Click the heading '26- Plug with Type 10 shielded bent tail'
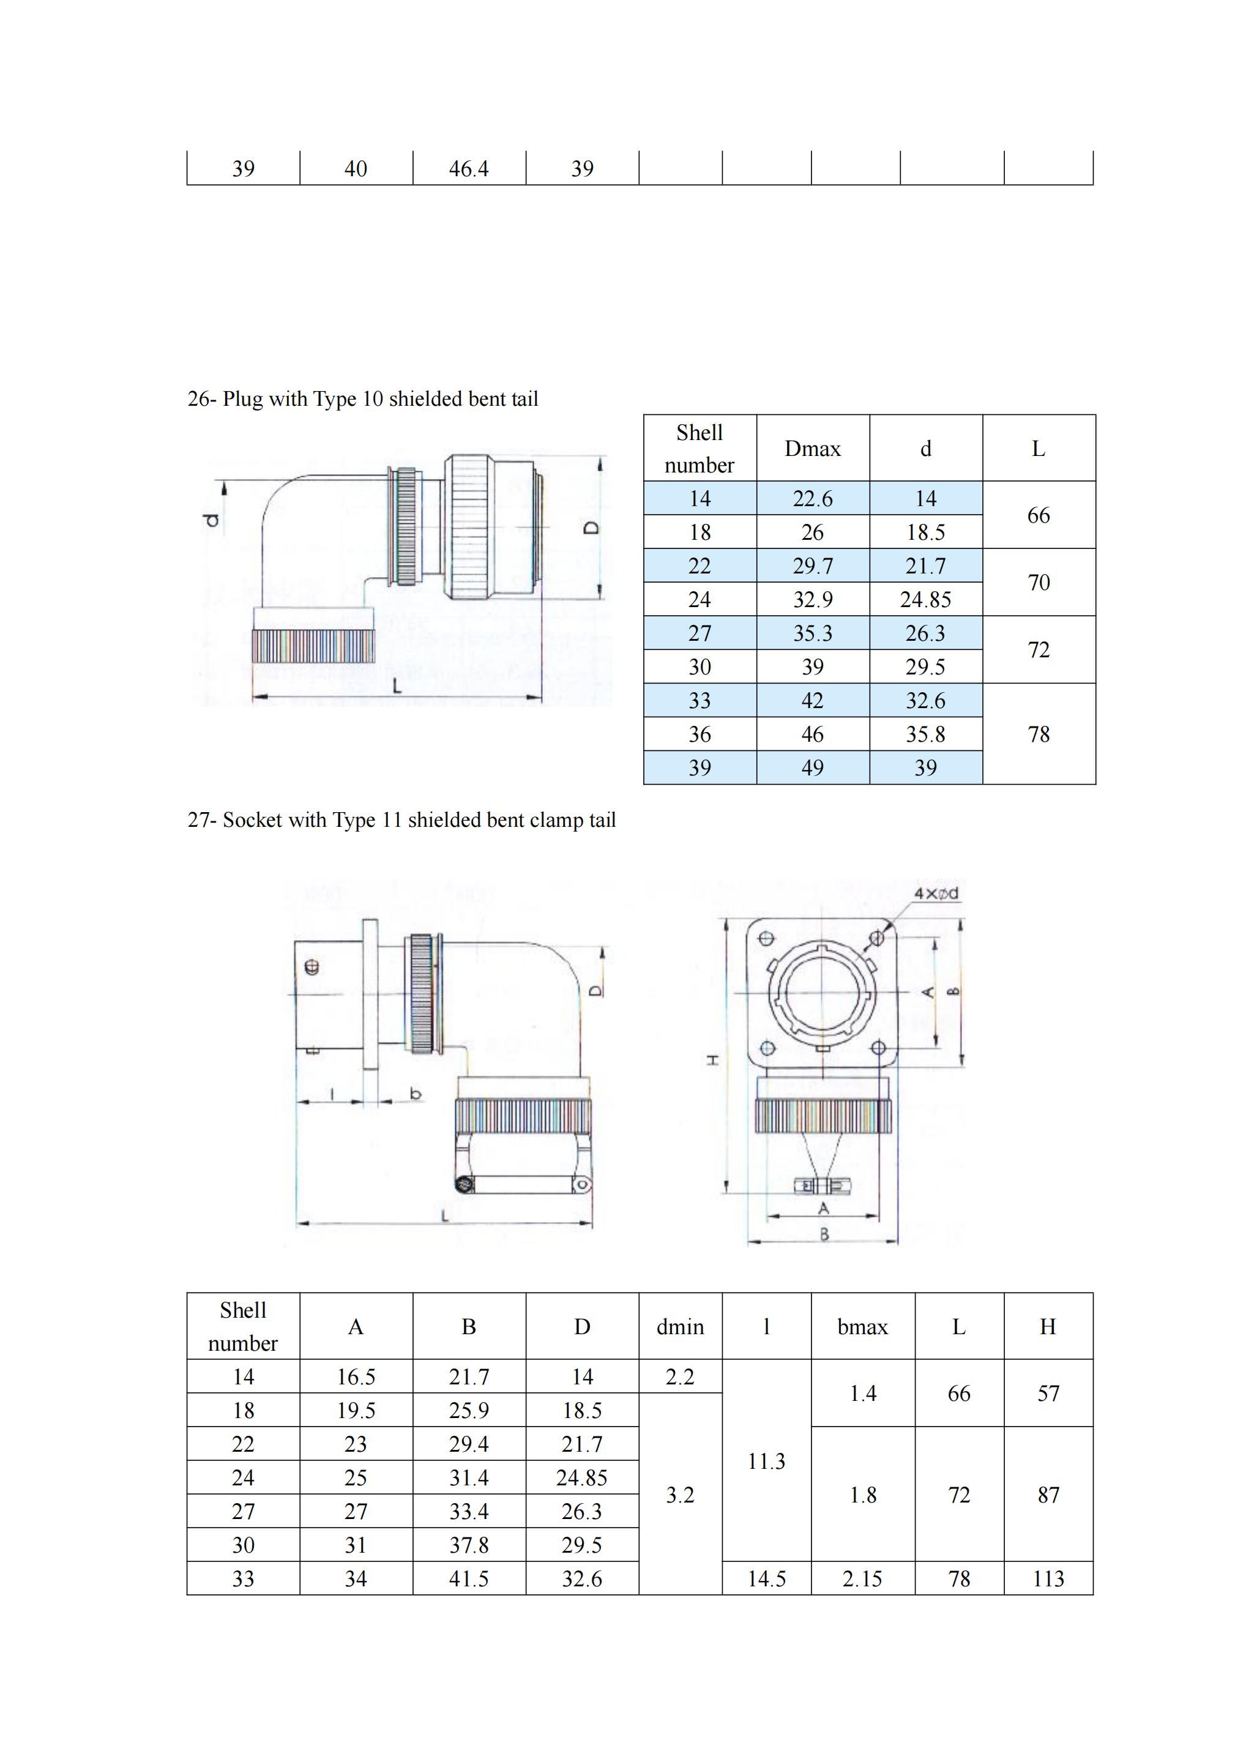click(x=363, y=399)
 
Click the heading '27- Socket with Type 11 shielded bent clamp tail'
click(x=402, y=819)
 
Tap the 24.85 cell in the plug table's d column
click(x=925, y=599)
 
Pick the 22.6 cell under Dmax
click(x=813, y=499)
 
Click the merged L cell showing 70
click(x=1039, y=583)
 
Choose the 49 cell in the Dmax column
click(x=813, y=767)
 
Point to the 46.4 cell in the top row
click(x=469, y=168)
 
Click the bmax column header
click(x=862, y=1327)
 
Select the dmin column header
click(x=680, y=1327)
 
